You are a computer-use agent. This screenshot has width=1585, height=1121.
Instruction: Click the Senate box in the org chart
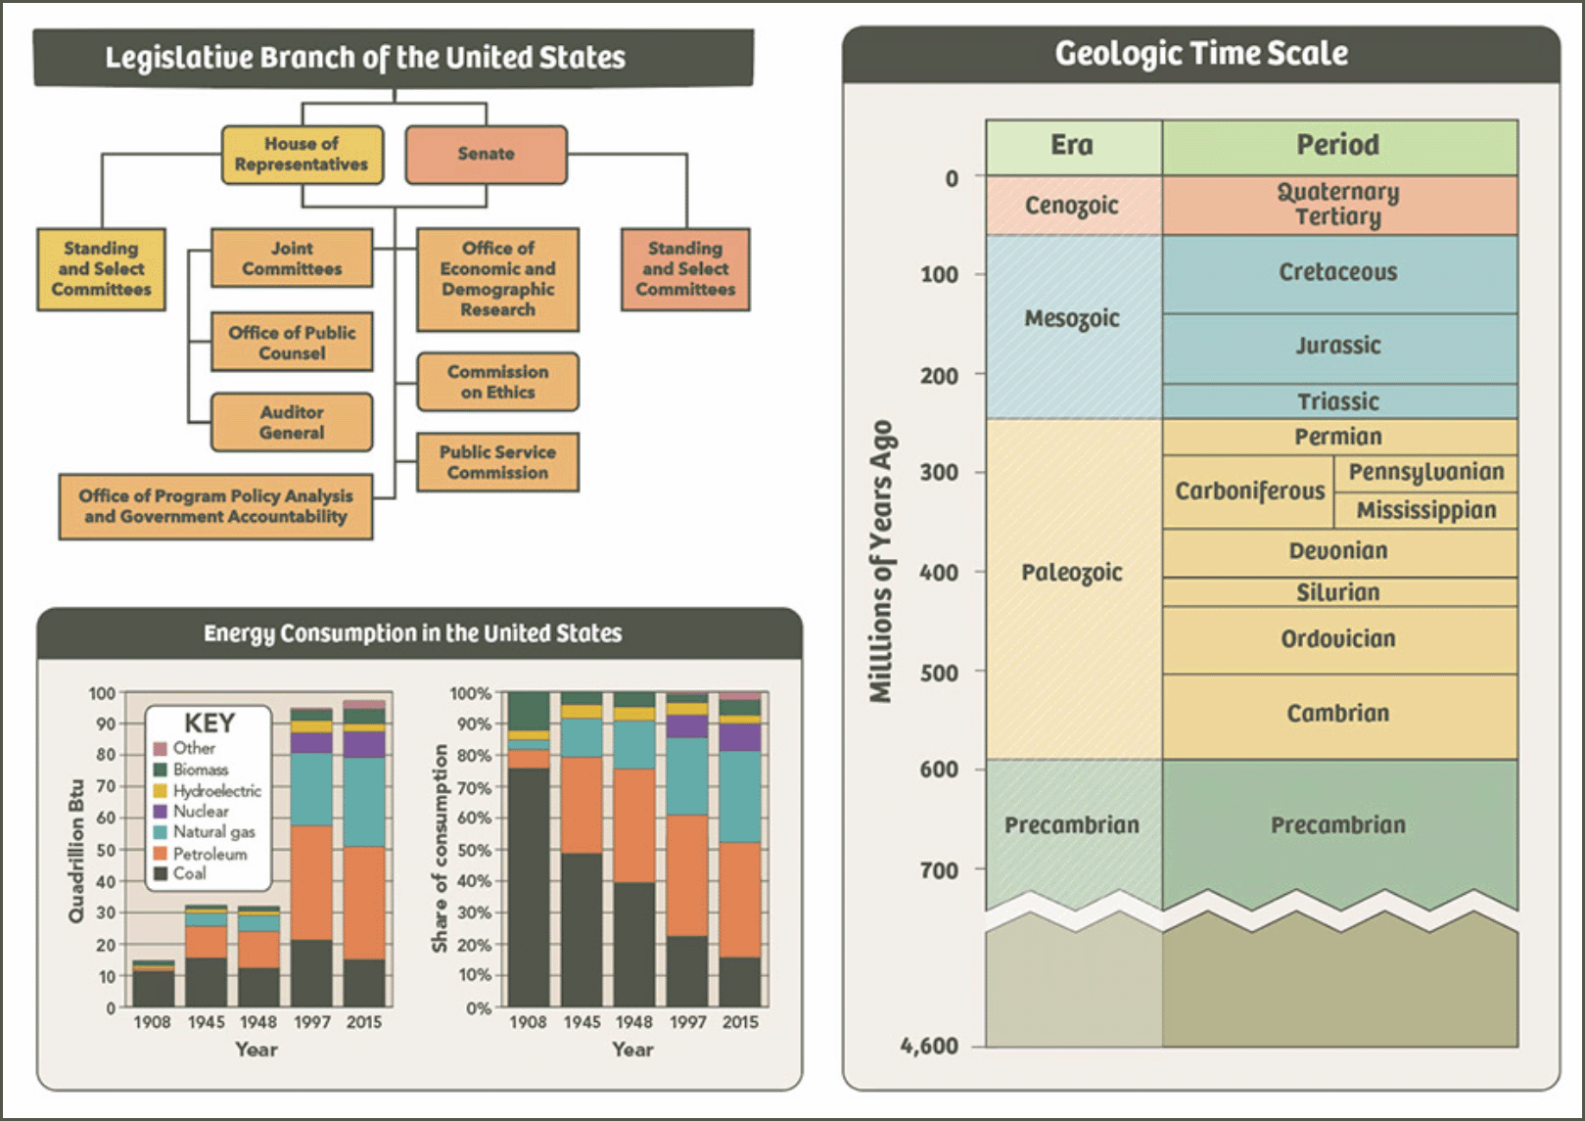[x=486, y=154]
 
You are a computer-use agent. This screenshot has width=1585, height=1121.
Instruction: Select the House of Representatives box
[x=302, y=154]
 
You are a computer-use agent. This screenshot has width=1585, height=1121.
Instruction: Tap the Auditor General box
[x=292, y=422]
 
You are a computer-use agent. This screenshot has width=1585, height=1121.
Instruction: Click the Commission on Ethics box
[x=497, y=382]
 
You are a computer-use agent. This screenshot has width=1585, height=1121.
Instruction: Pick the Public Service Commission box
[x=497, y=462]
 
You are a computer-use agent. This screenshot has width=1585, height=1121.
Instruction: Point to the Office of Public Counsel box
[x=292, y=342]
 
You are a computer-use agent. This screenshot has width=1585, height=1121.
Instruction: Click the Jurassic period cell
[x=1338, y=347]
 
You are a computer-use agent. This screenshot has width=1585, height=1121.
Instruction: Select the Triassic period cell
[x=1338, y=401]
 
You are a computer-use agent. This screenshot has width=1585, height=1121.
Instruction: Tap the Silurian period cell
[x=1338, y=592]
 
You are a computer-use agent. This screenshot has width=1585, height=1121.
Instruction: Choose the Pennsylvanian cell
[x=1426, y=472]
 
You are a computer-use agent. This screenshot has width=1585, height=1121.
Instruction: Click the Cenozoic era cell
[x=1072, y=206]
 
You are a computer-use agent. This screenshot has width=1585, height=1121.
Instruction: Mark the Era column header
[x=1072, y=146]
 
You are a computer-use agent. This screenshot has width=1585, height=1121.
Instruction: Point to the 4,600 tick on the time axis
[x=930, y=1046]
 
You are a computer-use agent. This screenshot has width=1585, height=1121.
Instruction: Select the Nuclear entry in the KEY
[x=201, y=812]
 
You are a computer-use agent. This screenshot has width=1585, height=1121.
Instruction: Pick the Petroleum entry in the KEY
[x=210, y=854]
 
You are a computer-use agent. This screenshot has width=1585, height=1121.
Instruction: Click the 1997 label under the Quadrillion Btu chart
[x=312, y=1022]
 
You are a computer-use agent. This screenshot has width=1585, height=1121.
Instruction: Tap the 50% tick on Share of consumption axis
[x=474, y=850]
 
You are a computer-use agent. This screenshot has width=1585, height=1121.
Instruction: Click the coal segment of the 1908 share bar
[x=529, y=886]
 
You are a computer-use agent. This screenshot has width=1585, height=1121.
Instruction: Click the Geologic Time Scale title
[x=1201, y=54]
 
